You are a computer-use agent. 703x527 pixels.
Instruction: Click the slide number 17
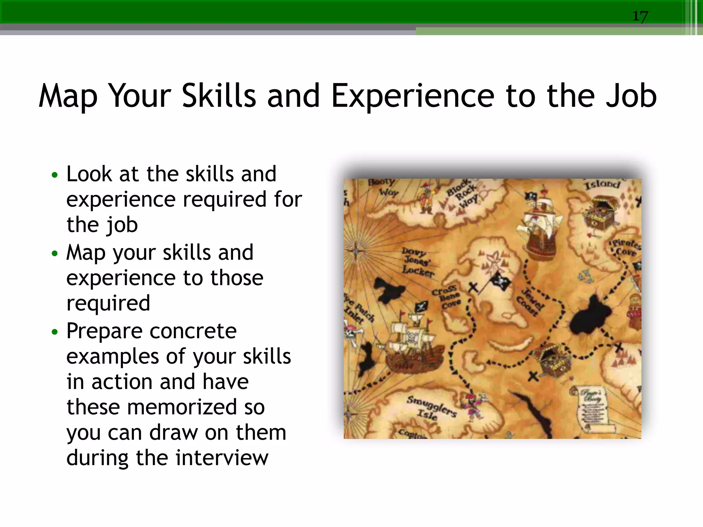click(x=640, y=16)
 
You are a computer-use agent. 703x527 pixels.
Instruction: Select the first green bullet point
click(x=55, y=175)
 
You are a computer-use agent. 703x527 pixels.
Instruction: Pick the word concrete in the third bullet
click(x=193, y=331)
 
